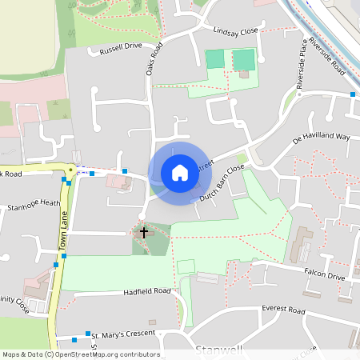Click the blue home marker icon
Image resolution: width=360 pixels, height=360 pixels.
click(180, 172)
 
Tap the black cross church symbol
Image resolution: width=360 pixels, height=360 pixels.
click(144, 233)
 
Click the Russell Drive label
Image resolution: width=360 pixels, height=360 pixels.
click(121, 49)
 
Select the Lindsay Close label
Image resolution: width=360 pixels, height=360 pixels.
click(235, 30)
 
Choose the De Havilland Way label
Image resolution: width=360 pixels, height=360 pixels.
click(322, 138)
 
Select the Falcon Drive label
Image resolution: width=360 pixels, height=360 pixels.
click(324, 276)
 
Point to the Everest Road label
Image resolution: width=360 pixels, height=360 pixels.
click(284, 310)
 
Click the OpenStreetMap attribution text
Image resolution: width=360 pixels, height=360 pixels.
click(81, 354)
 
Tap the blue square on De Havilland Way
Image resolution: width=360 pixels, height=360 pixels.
click(353, 95)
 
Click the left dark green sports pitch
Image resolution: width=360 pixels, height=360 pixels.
click(215, 59)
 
